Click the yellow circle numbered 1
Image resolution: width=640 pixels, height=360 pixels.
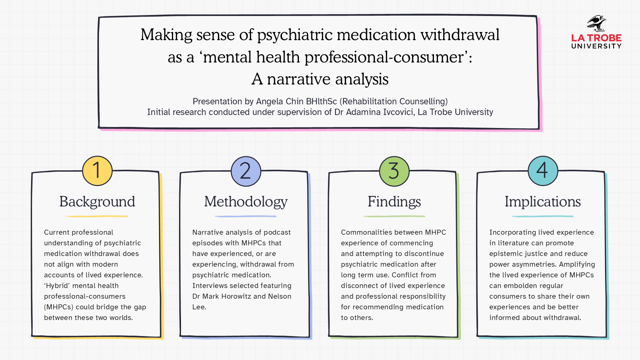97,171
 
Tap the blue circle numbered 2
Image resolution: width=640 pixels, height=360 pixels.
246,171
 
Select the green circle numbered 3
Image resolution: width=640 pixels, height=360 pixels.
394,171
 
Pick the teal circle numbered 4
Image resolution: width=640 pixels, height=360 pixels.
543,171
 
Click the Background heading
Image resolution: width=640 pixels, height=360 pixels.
97,202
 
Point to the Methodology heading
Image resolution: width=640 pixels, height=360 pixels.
246,202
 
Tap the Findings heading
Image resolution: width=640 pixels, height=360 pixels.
394,202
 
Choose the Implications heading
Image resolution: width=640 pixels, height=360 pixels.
543,202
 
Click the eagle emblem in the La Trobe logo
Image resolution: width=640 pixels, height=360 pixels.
596,23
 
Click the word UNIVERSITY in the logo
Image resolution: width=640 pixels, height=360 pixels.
596,46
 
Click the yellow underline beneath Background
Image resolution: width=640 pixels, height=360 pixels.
97,216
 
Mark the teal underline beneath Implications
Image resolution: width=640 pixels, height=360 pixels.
543,216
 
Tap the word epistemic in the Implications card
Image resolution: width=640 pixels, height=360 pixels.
506,254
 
